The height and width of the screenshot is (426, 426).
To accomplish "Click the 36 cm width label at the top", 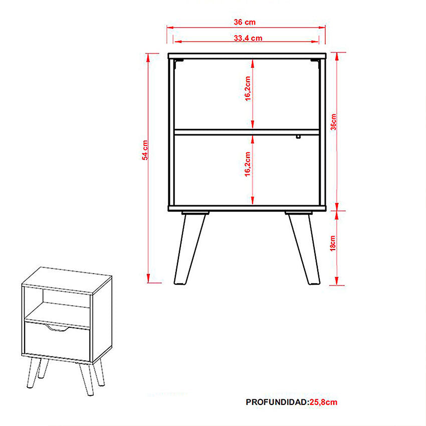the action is click(245, 22).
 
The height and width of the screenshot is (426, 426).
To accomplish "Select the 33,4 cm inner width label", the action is click(248, 38).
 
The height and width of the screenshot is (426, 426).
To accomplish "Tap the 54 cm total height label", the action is click(145, 150).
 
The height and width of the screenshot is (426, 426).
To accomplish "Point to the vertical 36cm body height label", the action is click(333, 122).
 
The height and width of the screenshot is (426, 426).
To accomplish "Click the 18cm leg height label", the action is click(333, 243).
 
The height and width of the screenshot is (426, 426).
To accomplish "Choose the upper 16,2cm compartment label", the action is click(248, 89).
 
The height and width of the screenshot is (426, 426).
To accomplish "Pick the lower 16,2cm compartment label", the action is click(247, 164).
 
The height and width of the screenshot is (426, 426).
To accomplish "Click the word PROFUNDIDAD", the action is click(277, 402).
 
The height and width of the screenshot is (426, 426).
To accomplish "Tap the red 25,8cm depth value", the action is click(324, 402).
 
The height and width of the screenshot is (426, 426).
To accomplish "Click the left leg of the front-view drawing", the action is click(189, 248).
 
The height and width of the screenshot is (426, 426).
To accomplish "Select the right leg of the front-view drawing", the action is click(303, 248).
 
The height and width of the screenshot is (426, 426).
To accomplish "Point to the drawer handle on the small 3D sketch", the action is click(57, 328).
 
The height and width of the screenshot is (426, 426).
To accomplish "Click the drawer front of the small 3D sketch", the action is click(57, 341).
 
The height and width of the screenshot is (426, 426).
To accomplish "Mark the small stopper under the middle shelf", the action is click(298, 137).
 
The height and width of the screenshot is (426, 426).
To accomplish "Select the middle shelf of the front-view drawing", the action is click(247, 132).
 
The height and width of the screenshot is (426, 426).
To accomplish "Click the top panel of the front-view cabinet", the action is click(247, 56).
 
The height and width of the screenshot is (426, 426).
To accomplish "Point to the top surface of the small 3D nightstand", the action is click(67, 280).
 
